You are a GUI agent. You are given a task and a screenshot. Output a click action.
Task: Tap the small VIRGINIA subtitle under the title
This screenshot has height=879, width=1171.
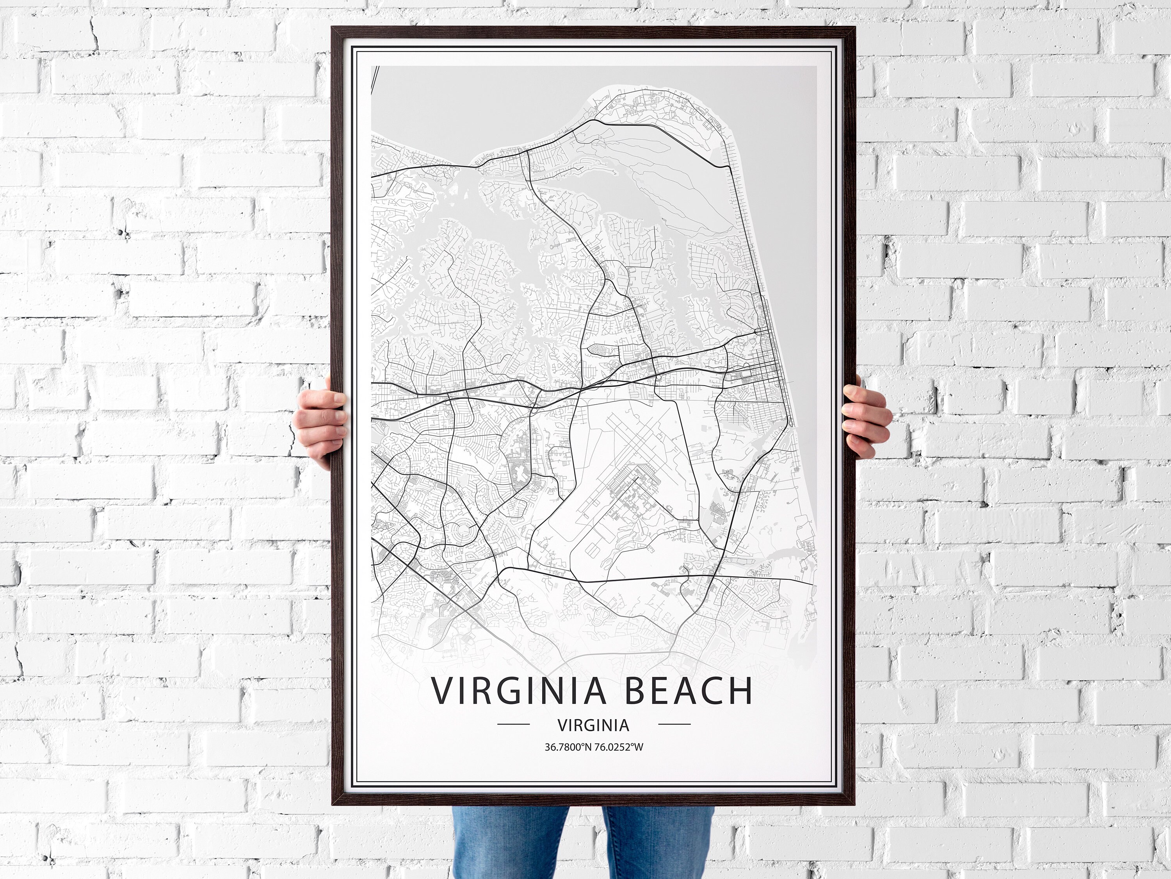593,724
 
